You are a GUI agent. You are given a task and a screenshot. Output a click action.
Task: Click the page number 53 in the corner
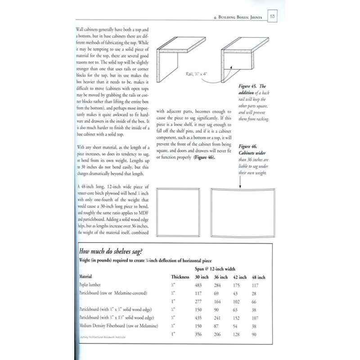coord(273,17)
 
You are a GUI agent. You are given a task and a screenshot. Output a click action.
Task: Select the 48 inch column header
coord(258,277)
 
